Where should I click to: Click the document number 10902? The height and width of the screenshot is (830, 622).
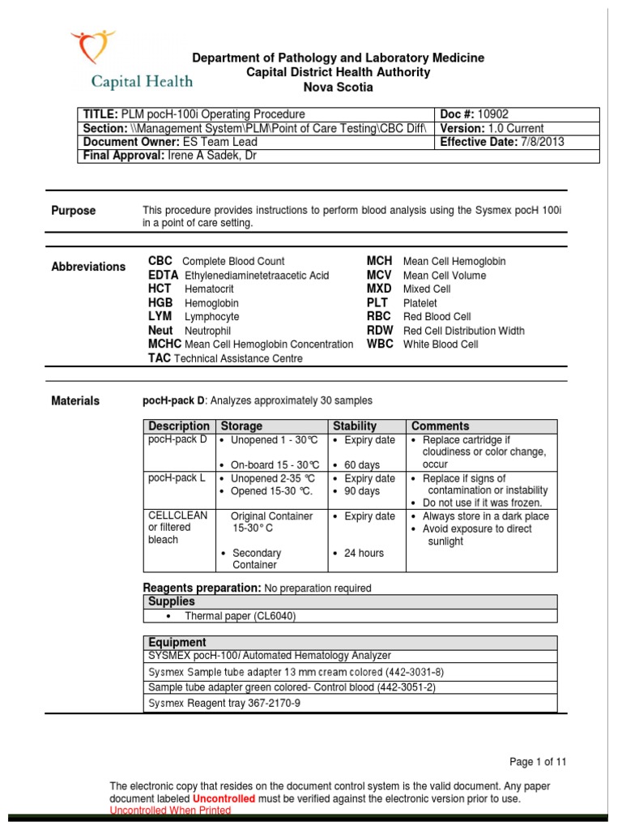492,114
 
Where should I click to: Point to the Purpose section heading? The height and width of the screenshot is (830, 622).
74,211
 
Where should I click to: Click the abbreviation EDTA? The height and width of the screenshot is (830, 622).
164,276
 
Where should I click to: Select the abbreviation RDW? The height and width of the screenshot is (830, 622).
379,331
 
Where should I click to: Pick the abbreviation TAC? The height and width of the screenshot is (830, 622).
160,358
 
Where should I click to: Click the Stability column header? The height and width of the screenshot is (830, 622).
355,426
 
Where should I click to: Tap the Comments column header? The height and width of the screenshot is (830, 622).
441,426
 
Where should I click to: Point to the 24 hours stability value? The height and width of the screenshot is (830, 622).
362,554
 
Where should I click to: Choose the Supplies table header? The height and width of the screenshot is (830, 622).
172,601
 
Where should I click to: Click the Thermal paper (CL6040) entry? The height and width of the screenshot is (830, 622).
241,616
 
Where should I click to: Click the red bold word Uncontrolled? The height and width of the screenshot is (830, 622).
223,798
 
